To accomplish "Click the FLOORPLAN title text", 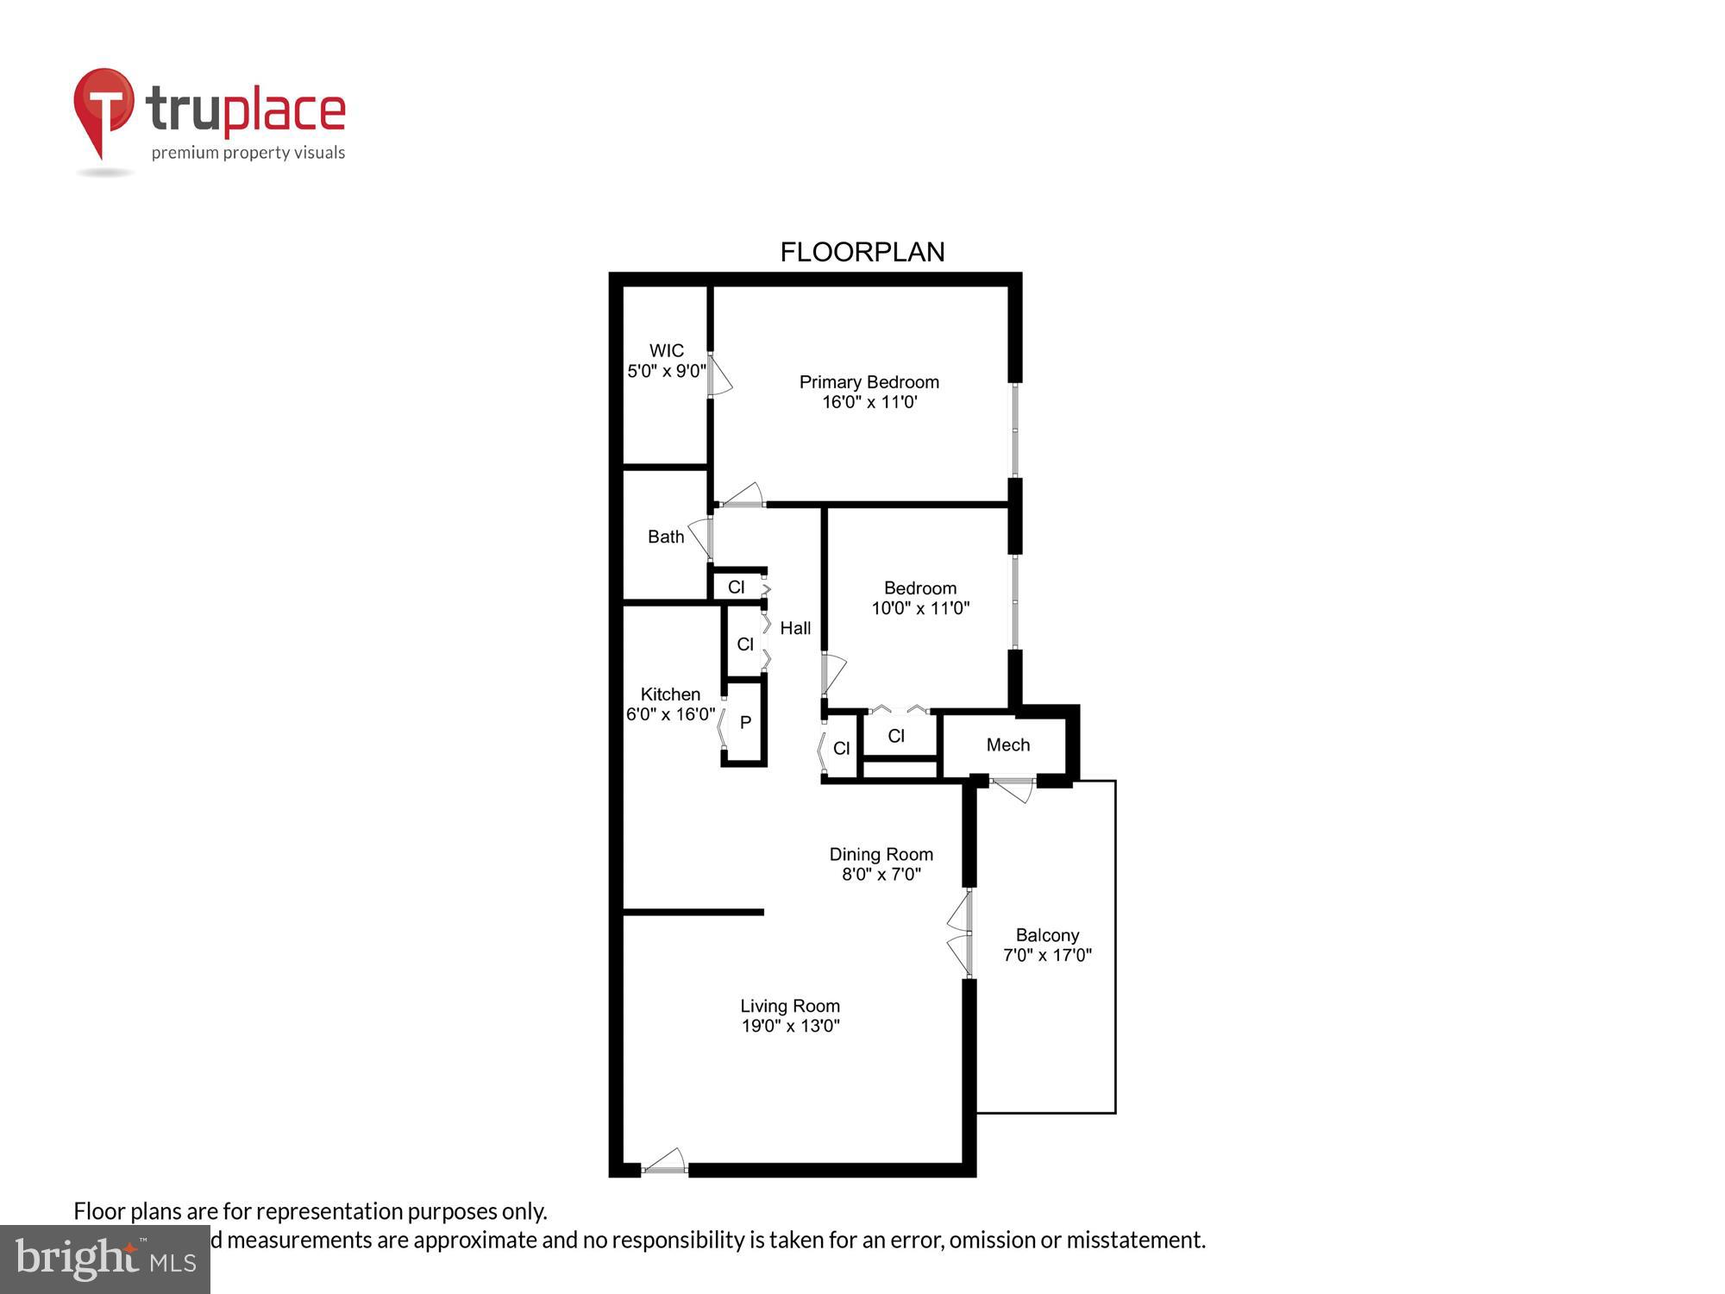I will click(862, 252).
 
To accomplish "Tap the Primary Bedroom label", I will click(869, 382).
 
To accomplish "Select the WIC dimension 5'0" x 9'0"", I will click(666, 372).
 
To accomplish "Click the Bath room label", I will click(666, 537).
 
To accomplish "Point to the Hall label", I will click(795, 628).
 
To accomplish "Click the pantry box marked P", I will click(745, 723).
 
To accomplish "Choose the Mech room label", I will click(1007, 744).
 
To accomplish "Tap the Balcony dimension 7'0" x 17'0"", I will click(1047, 955).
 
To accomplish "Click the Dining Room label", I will click(881, 854).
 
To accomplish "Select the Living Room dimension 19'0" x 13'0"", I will click(790, 1026).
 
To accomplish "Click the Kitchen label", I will click(670, 694).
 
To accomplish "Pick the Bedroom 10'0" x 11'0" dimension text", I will click(919, 608).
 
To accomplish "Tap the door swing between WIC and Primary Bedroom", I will click(719, 376).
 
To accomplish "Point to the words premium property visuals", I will click(248, 154).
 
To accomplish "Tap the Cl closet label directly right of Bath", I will click(736, 587).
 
